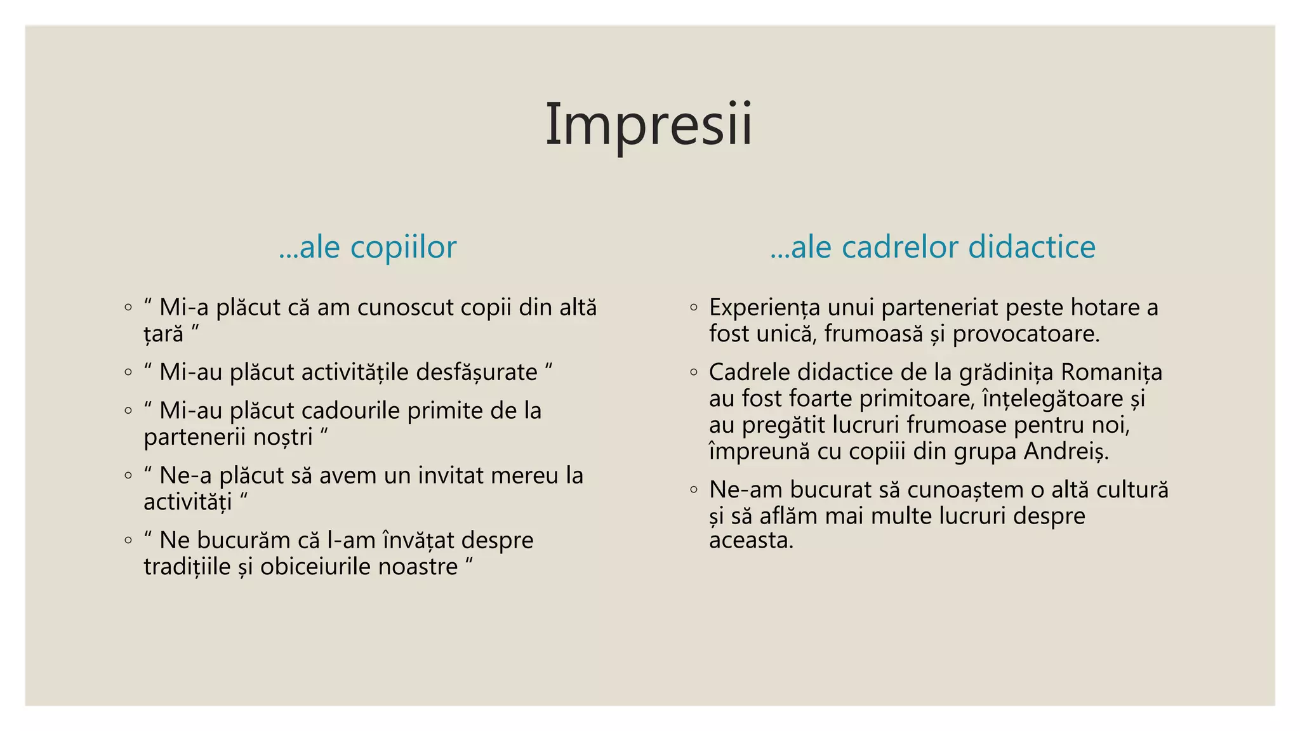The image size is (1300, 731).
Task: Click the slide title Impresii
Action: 649,124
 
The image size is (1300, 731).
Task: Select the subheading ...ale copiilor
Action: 368,247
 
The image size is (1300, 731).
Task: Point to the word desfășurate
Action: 477,372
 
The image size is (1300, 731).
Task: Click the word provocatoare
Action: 1026,334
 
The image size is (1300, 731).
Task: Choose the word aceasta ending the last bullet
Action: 750,541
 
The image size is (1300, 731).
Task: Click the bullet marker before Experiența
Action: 694,308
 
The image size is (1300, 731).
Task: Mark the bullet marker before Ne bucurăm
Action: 128,541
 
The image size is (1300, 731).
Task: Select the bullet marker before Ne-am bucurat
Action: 694,490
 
